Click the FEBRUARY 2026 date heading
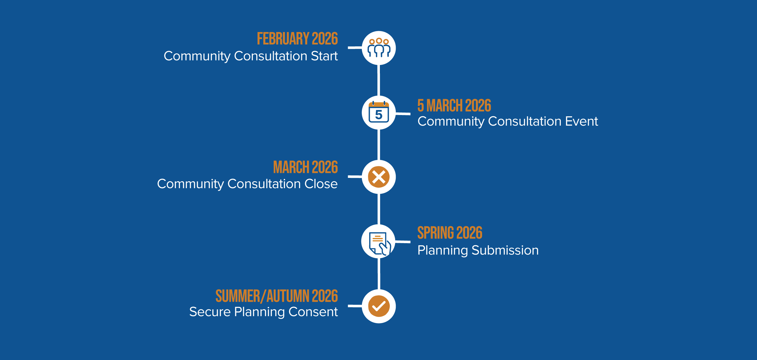coord(297,39)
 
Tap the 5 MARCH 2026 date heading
coord(454,106)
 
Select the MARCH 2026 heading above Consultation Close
coord(305,167)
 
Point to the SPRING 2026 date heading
coord(450,233)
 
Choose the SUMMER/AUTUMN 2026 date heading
coord(277,296)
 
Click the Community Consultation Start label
coord(251,56)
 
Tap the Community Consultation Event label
coord(508,121)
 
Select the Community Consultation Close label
coord(247,184)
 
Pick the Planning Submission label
coord(478,250)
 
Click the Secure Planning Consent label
coord(264,312)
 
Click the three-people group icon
coord(379,48)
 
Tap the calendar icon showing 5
coord(379,112)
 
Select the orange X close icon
coord(379,177)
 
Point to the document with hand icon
coord(379,243)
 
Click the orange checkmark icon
coord(379,306)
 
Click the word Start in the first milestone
coord(324,56)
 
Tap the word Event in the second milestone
coord(582,121)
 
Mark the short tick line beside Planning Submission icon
coord(403,242)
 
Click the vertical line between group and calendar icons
coord(379,80)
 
